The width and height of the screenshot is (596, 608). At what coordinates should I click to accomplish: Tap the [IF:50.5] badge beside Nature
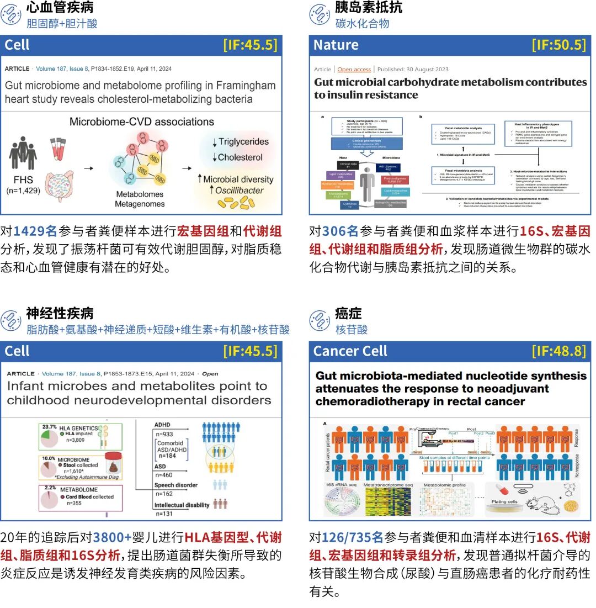coord(558,45)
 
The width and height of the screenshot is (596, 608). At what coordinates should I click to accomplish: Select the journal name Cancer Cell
coord(350,351)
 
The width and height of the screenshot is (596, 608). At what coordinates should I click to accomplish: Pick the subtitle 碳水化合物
coord(362,23)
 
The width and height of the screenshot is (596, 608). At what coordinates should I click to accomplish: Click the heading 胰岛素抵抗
coord(369,7)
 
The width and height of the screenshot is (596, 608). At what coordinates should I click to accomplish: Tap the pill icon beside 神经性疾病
coord(11,320)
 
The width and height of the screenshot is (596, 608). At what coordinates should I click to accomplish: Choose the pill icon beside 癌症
coord(320,320)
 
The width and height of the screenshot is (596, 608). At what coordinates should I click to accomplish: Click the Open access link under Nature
coord(354,70)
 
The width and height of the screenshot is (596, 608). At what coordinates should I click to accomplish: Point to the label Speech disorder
coord(175,485)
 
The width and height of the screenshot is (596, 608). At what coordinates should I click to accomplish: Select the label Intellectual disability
coord(182,505)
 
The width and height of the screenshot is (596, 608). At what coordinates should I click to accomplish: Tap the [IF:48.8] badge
coord(558,351)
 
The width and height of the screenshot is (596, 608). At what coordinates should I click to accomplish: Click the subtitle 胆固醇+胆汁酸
coord(62,23)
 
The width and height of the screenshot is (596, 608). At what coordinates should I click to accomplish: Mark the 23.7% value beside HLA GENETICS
coord(50,427)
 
